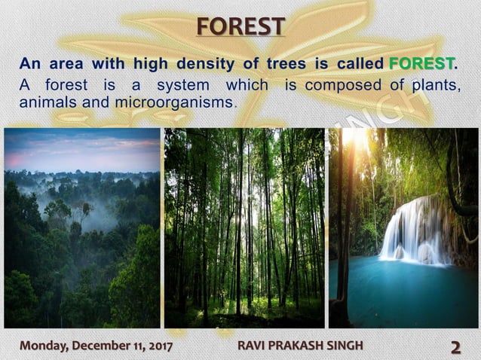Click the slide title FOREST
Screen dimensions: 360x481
coord(240,26)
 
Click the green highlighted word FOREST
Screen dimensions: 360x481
coord(421,63)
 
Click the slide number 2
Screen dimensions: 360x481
coord(456,346)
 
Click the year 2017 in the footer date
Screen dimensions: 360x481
coord(158,346)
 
